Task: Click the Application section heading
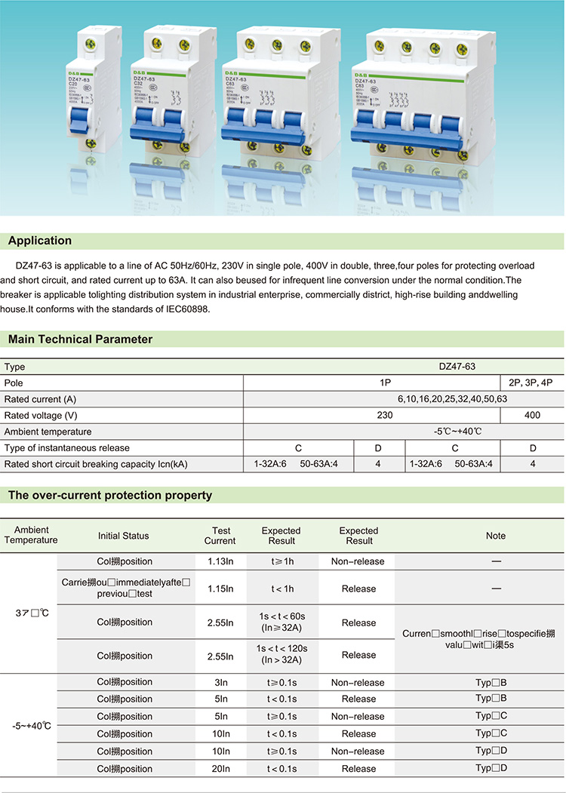coord(40,241)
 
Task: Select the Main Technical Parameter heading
coord(80,340)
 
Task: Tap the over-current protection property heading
coord(109,496)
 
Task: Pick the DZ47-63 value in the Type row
coord(457,367)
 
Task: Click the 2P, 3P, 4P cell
coord(531,383)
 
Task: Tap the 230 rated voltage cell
coord(385,415)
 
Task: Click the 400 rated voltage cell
coord(532,415)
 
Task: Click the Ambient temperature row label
coord(48,432)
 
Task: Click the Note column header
coord(496,536)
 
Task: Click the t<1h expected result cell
coord(283,589)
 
